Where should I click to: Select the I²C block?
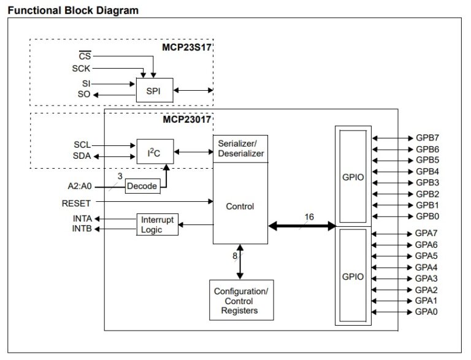154,151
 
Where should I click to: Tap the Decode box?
142,186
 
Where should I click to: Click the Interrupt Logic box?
158,224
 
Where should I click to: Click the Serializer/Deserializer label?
241,148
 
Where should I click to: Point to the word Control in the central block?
240,207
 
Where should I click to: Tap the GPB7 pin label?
427,138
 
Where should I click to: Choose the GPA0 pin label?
427,312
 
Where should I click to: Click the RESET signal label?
76,203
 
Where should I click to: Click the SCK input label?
81,69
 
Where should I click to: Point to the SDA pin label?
82,156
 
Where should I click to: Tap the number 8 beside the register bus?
234,256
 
